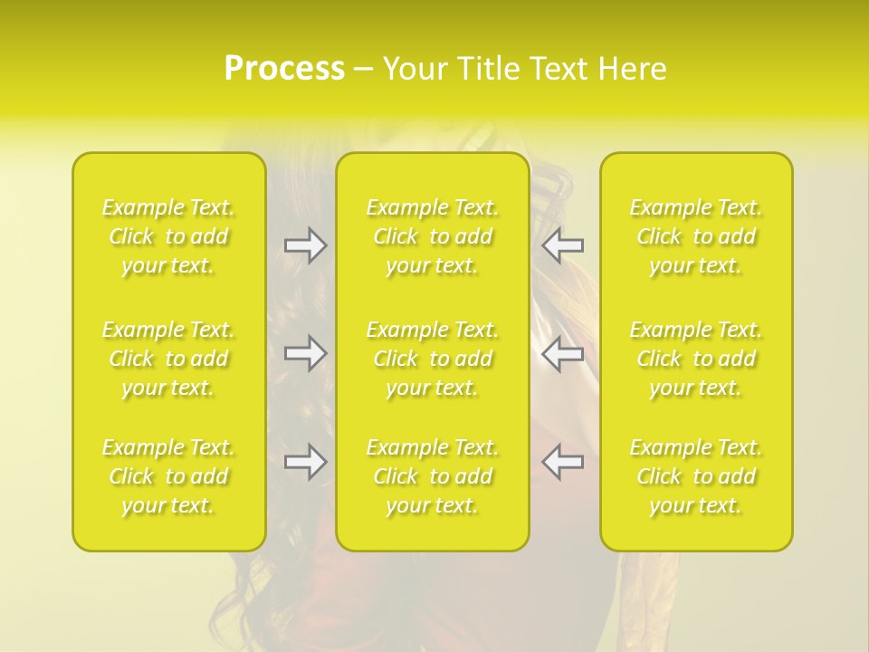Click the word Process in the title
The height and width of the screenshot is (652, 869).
[x=284, y=69]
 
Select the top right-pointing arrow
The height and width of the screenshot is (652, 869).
[x=305, y=245]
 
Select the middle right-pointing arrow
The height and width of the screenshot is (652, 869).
[x=305, y=353]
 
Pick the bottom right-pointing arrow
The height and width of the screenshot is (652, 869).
[x=305, y=462]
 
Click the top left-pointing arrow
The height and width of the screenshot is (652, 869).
[x=563, y=245]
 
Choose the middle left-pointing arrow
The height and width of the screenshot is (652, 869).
[x=563, y=353]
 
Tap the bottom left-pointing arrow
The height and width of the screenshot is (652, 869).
[x=563, y=462]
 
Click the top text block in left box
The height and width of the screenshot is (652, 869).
[x=168, y=236]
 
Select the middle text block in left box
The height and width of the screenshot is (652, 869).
[x=168, y=359]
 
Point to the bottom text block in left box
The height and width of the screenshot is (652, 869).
[x=168, y=476]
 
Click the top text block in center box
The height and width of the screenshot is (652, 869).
[x=433, y=236]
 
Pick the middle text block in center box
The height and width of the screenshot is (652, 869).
[x=433, y=359]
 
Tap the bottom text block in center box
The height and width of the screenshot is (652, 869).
[x=433, y=476]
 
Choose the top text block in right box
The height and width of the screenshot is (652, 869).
[x=696, y=236]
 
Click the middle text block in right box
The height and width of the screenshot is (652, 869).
[x=696, y=359]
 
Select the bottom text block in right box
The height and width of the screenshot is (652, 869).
[x=696, y=476]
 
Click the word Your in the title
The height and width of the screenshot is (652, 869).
[x=415, y=69]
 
